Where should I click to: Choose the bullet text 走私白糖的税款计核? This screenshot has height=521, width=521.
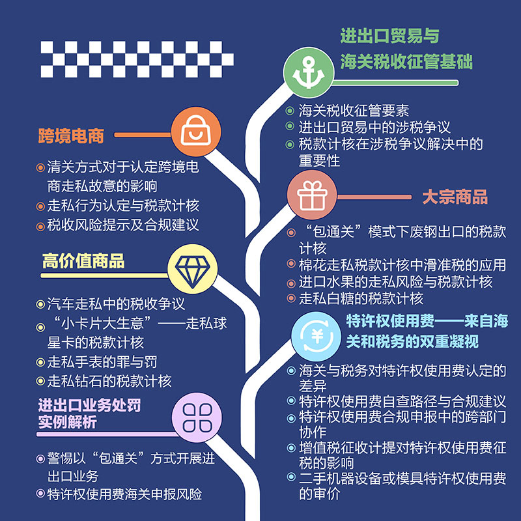point(361,299)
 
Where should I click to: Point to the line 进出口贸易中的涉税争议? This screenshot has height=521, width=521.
point(374,128)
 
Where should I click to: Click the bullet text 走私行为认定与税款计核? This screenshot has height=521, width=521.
point(122,205)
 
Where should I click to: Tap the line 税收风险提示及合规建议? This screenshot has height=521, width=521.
point(122,225)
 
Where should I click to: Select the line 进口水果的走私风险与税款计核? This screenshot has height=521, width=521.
point(395,282)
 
